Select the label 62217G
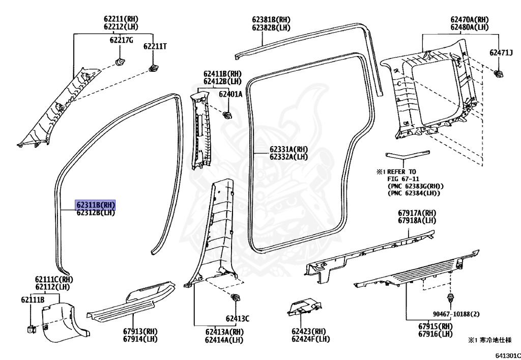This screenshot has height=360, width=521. click(121, 40)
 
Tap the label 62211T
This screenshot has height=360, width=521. click(155, 46)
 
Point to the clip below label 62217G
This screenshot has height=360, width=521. click(121, 62)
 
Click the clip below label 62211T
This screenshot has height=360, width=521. click(152, 68)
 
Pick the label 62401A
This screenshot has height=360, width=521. click(230, 94)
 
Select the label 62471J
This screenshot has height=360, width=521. click(501, 52)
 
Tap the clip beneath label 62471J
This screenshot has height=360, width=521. click(499, 74)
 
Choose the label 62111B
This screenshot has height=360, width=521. click(33, 300)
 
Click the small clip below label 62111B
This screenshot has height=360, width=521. click(31, 328)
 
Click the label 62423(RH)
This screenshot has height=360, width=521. click(308, 331)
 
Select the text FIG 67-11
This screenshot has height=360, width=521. click(402, 179)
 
